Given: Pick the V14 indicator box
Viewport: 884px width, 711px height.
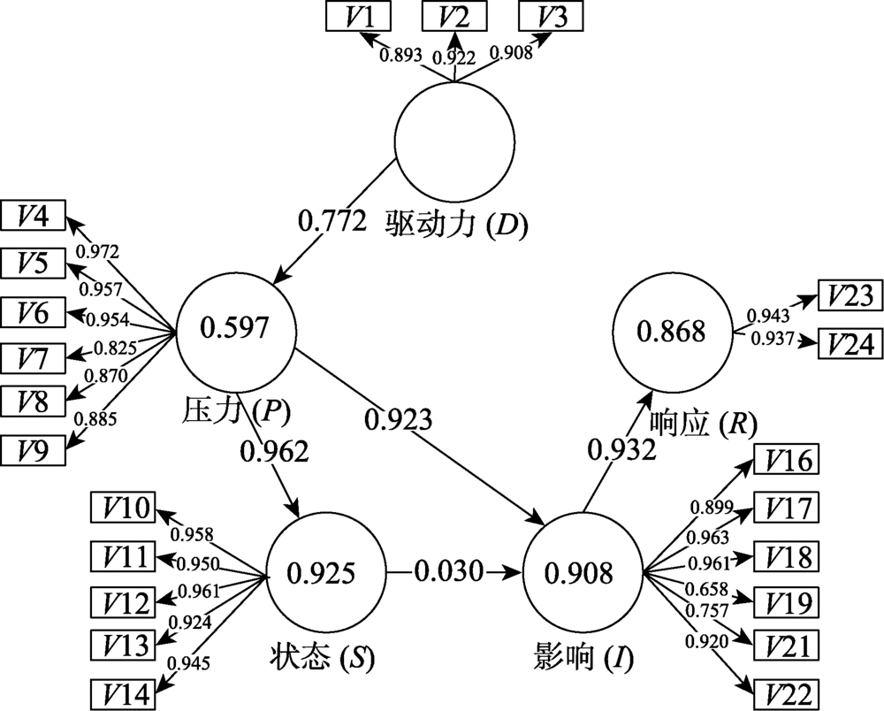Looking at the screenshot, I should [x=124, y=689].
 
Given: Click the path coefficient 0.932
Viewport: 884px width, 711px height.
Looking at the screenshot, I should [x=622, y=450].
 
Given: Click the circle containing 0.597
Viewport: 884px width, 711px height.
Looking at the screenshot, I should [x=234, y=329].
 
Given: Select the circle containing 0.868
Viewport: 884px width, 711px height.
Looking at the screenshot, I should [x=672, y=332].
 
